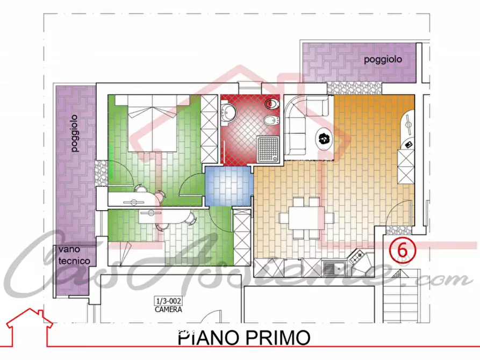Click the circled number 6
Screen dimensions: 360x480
pyautogui.click(x=402, y=249)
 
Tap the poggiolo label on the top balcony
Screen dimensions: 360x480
pyautogui.click(x=382, y=60)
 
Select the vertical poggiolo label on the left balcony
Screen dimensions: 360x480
pyautogui.click(x=75, y=133)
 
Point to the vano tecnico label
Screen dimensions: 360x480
pyautogui.click(x=74, y=256)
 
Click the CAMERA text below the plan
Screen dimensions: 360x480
pyautogui.click(x=168, y=309)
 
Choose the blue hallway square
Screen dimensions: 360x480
pyautogui.click(x=228, y=186)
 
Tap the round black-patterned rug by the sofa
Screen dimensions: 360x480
pyautogui.click(x=324, y=139)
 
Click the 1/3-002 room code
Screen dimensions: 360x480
pyautogui.click(x=168, y=301)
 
